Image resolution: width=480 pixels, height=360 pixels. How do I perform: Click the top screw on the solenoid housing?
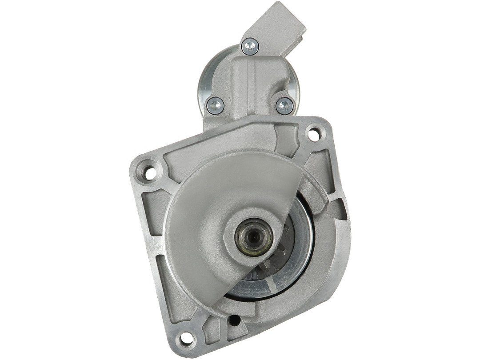[x=250, y=46]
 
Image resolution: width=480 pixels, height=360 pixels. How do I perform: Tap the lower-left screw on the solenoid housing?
[x=216, y=105]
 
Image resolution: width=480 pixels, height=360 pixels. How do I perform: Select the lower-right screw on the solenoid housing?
[x=284, y=106]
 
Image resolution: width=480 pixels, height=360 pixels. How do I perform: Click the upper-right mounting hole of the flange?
[x=314, y=134]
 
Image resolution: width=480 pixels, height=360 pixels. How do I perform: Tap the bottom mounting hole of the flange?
[x=186, y=339]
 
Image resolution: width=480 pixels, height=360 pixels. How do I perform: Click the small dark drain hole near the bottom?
[x=235, y=320]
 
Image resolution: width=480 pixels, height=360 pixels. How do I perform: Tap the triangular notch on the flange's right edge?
[x=339, y=209]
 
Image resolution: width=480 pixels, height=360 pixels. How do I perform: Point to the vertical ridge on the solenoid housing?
[x=255, y=84]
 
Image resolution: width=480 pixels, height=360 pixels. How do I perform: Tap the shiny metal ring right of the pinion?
[x=302, y=249]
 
